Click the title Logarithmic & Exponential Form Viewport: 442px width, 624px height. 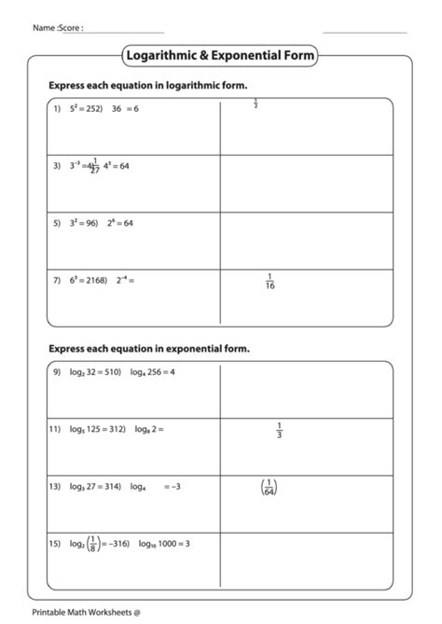click(x=220, y=57)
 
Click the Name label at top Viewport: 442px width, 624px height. click(x=43, y=28)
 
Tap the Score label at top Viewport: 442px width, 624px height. click(x=71, y=28)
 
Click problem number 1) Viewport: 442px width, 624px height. click(x=56, y=109)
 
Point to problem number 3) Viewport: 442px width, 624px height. click(x=56, y=166)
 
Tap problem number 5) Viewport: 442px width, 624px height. click(x=56, y=223)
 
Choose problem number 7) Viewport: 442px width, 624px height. click(x=56, y=280)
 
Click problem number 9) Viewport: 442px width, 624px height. click(x=56, y=372)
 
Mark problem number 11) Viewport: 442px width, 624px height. click(x=54, y=429)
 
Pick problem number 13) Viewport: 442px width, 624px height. click(x=54, y=486)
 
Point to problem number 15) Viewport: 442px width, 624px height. click(x=54, y=543)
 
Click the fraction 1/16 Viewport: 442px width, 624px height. click(x=270, y=281)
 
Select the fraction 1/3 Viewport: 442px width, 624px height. click(x=280, y=430)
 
